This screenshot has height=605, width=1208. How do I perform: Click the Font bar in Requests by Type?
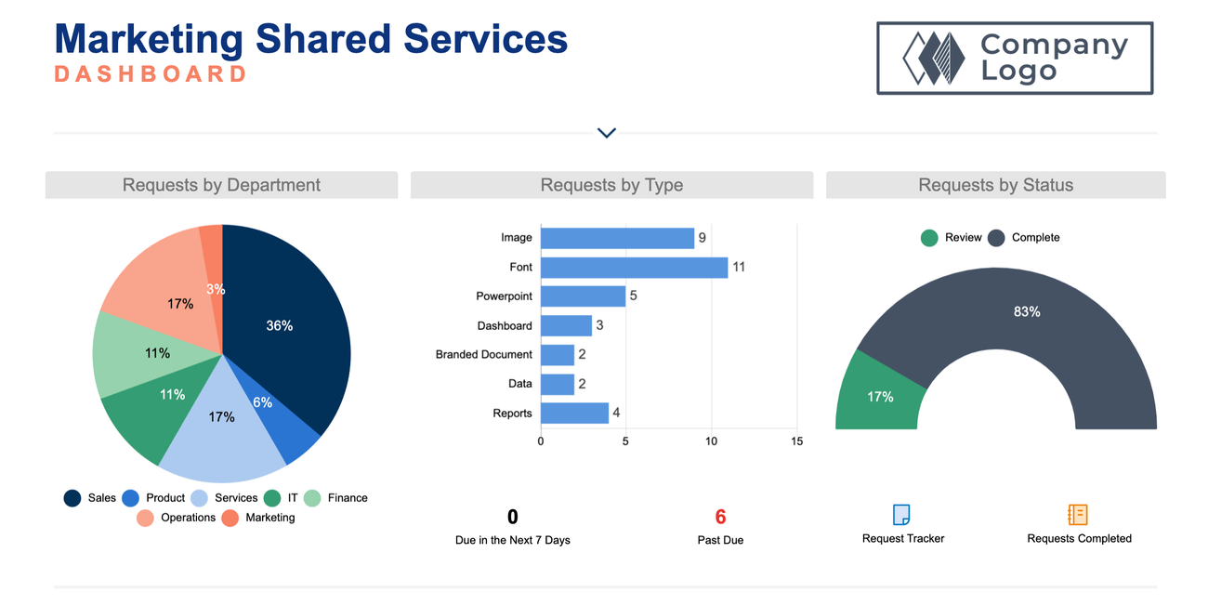click(634, 268)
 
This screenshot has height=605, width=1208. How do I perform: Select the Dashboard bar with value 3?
click(566, 326)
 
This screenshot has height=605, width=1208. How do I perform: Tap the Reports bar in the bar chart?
click(574, 414)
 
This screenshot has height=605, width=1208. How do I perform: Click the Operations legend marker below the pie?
click(146, 519)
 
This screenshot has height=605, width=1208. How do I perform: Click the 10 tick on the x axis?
click(711, 441)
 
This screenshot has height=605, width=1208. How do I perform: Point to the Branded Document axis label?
click(484, 355)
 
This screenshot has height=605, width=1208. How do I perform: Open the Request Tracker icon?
click(901, 515)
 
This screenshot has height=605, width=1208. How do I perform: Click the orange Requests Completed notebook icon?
click(1078, 515)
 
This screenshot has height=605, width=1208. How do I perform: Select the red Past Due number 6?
click(720, 518)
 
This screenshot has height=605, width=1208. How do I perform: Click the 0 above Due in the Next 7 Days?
click(513, 518)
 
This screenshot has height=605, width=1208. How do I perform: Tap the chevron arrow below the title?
click(607, 133)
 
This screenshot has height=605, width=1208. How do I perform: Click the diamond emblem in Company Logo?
click(935, 59)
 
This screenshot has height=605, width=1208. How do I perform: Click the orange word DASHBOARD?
click(151, 74)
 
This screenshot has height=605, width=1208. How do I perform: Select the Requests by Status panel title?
click(995, 185)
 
